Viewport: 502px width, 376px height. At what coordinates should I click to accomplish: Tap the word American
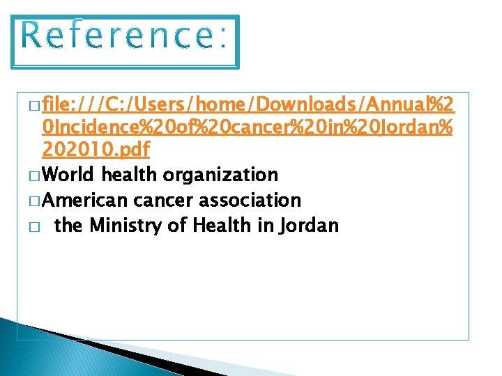tap(85, 200)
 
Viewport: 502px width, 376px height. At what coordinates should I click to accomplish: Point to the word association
tap(250, 200)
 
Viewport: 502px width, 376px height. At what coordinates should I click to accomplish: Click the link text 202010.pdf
tap(96, 149)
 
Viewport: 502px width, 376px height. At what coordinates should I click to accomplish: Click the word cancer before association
tap(163, 200)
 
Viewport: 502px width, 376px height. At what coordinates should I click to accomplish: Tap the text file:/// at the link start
tap(73, 105)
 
